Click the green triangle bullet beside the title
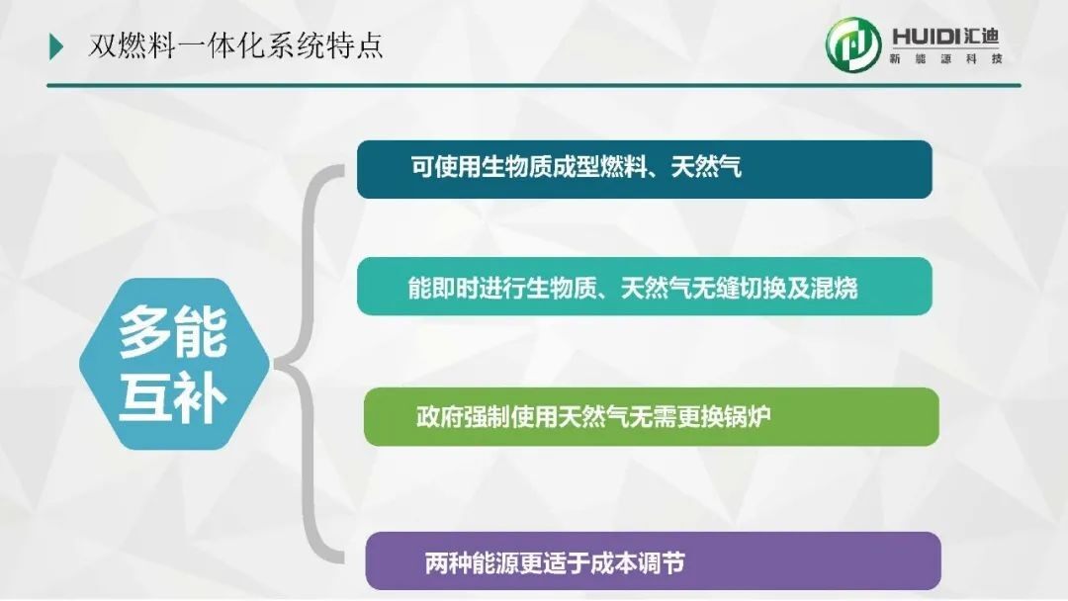(55, 47)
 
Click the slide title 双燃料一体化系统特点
(235, 46)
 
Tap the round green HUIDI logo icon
(852, 44)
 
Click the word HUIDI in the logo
(923, 37)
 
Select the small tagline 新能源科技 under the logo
(945, 59)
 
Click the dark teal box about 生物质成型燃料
(645, 169)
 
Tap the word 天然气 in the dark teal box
(706, 167)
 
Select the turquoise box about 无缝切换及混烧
(645, 287)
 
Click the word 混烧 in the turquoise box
(835, 288)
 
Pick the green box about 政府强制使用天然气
(652, 417)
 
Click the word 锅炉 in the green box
(748, 416)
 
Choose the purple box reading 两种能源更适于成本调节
(654, 561)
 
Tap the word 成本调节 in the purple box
(638, 562)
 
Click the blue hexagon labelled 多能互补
(175, 364)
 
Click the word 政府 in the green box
(439, 416)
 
